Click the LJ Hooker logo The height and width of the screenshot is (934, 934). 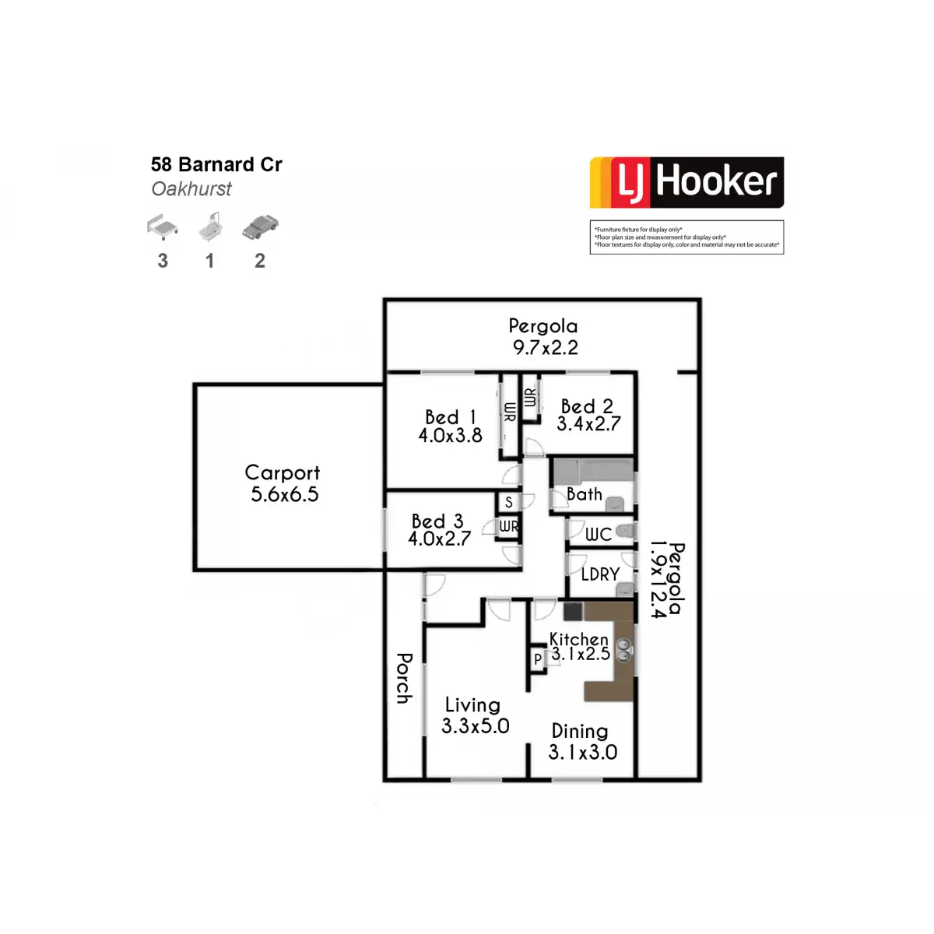[686, 182]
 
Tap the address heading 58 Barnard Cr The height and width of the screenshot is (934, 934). [216, 165]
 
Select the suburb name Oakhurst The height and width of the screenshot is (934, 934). [191, 189]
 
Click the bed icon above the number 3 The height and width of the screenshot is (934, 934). [163, 226]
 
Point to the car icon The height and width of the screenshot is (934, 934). [260, 226]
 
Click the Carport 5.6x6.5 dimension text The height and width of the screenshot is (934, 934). [285, 494]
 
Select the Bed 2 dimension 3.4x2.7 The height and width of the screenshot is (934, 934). [588, 424]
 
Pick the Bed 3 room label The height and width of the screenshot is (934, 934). [437, 521]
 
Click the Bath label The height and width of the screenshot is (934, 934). [585, 494]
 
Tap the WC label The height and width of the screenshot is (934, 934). [598, 534]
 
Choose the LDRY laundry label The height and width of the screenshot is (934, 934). [600, 574]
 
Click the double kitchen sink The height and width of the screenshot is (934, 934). [623, 650]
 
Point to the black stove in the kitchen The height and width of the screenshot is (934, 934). [572, 611]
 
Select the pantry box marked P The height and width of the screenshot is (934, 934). [538, 658]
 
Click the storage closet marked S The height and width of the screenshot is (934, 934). [508, 502]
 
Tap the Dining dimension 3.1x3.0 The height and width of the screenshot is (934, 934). [583, 752]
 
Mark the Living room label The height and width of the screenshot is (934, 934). [472, 705]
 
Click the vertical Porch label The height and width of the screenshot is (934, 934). [404, 678]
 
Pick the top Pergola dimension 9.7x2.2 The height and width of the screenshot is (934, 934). [546, 347]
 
